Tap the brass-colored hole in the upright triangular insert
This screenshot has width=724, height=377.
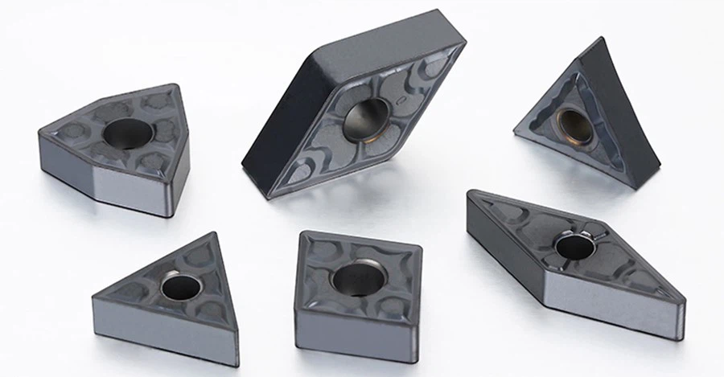pos(574,125)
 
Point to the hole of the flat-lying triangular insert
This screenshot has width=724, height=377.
pos(181,285)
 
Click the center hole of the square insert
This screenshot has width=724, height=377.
pos(359,278)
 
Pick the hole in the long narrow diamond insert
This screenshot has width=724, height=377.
pos(575,245)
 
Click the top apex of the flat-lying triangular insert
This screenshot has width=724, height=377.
pos(213,234)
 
